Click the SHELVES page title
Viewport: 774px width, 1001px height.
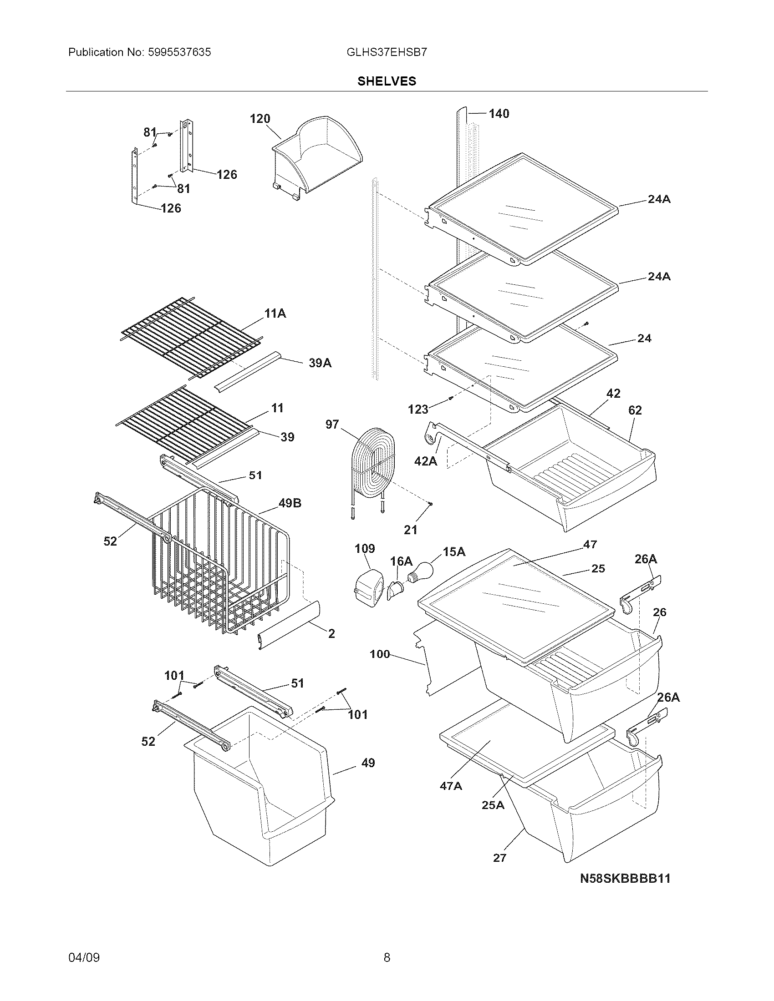pos(387,81)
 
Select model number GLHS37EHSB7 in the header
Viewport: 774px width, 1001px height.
pos(387,52)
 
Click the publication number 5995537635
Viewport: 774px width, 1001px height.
pos(179,52)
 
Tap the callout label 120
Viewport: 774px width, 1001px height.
pos(260,119)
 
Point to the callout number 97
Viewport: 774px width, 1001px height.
pos(332,425)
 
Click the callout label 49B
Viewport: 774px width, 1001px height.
pos(290,503)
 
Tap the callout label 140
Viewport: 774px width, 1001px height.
pos(499,114)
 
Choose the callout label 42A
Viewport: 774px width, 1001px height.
pos(426,461)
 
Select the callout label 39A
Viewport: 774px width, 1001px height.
pos(320,363)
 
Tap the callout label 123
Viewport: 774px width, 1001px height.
pos(418,409)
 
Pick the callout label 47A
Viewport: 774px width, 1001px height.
pos(451,786)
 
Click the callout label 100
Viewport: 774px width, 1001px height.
pos(380,654)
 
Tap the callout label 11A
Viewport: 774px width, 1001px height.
pos(275,313)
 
